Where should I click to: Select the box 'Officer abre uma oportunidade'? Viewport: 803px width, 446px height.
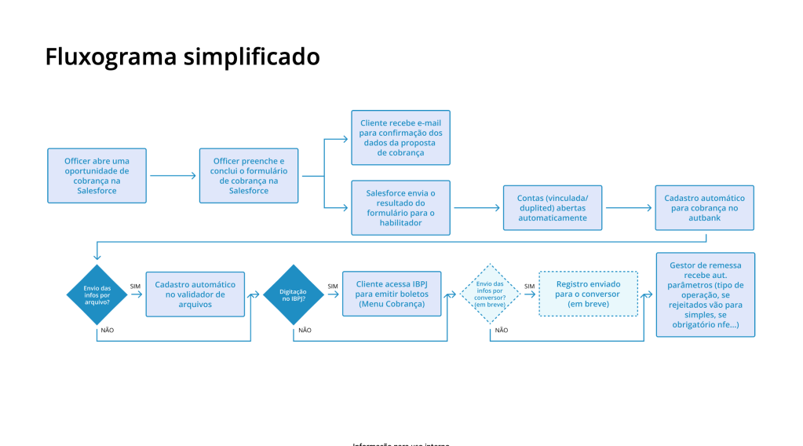[97, 175]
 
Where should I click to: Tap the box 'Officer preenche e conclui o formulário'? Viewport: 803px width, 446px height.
[249, 175]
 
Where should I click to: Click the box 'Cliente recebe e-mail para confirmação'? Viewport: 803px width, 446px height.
[400, 137]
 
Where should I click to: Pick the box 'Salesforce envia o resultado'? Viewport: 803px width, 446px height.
[400, 208]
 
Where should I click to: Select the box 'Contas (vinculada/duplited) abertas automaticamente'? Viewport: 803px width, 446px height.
[552, 207]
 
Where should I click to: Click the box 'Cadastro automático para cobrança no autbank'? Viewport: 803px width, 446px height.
[704, 207]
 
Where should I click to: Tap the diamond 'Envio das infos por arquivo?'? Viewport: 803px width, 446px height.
[97, 294]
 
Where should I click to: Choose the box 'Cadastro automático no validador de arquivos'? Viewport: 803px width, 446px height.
[195, 294]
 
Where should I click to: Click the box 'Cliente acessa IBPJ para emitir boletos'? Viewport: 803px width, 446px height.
[392, 294]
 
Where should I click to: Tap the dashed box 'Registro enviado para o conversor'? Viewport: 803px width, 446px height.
[588, 294]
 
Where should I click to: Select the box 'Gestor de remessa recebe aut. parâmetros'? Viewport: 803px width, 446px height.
[705, 294]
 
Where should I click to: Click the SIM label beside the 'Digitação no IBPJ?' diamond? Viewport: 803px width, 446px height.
[333, 286]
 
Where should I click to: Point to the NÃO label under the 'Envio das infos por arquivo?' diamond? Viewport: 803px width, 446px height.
[107, 330]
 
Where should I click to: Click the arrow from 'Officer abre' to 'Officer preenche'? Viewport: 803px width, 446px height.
[172, 176]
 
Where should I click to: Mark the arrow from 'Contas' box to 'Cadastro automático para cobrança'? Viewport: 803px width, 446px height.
[628, 208]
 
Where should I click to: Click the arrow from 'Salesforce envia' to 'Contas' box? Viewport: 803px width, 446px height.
[476, 208]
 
